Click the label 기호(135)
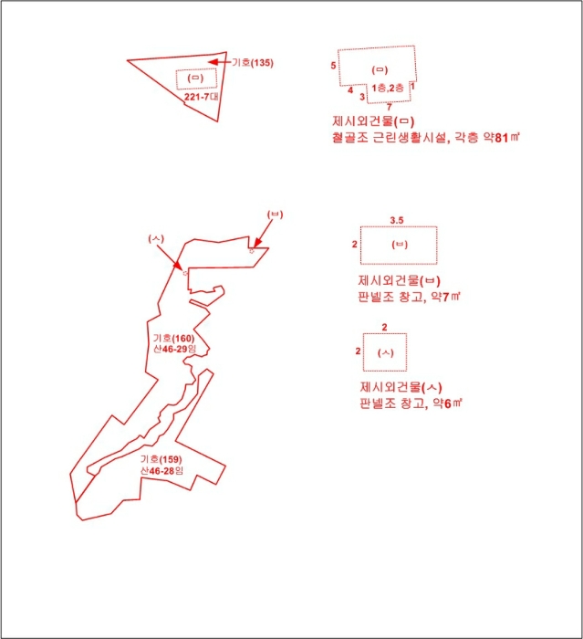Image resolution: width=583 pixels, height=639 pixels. [253, 63]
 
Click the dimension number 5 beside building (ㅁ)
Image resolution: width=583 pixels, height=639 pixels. [334, 66]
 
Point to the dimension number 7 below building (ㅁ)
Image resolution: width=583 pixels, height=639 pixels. [389, 107]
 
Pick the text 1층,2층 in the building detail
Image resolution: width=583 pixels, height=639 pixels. [388, 86]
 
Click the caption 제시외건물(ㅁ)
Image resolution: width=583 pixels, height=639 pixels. [375, 121]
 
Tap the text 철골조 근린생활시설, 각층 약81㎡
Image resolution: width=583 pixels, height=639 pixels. [426, 138]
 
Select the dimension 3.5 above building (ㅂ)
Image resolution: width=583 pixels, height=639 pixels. [396, 220]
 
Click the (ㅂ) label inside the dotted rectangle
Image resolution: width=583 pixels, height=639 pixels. [399, 245]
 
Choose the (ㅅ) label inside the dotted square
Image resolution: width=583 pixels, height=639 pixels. [385, 352]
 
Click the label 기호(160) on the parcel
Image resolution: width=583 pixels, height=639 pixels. [173, 338]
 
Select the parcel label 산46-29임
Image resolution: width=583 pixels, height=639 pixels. [173, 350]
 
